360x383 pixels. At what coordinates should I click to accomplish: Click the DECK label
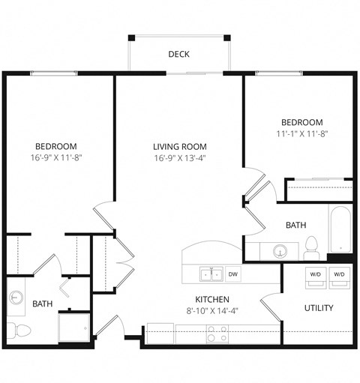[x=178, y=53]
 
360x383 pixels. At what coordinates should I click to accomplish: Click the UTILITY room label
[x=319, y=308]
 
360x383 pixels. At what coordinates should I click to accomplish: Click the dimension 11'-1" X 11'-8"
[x=301, y=135]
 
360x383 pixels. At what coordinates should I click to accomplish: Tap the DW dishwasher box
[x=233, y=274]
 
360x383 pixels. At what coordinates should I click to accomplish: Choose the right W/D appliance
[x=339, y=274]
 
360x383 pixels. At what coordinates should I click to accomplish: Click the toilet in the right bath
[x=311, y=247]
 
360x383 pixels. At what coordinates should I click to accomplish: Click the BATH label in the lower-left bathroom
[x=42, y=304]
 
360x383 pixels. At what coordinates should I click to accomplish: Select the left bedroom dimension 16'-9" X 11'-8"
[x=55, y=158]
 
